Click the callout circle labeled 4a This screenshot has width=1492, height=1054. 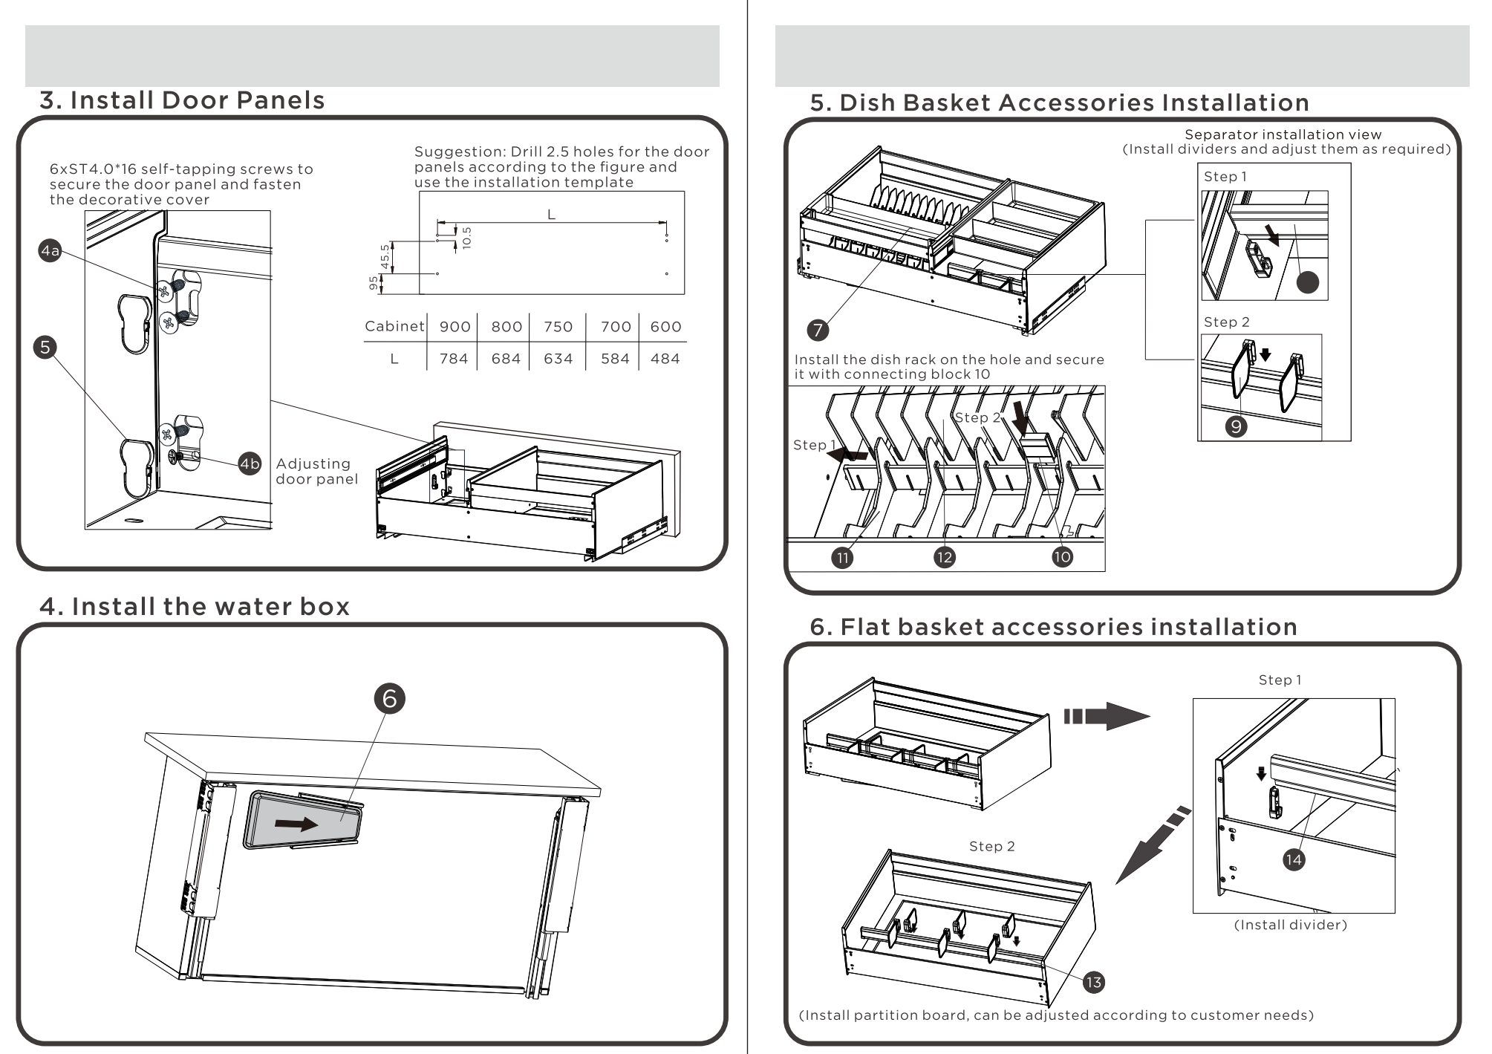click(x=50, y=251)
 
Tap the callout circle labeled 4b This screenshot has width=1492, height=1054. click(x=250, y=463)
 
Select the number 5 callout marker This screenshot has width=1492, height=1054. click(x=45, y=347)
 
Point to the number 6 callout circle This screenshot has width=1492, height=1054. click(x=390, y=698)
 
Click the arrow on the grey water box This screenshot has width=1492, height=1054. click(x=296, y=824)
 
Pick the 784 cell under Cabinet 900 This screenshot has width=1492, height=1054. click(x=454, y=359)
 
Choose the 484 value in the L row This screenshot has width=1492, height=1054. click(x=665, y=359)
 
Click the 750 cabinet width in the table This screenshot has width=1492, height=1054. click(x=558, y=327)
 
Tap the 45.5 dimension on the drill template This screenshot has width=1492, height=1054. click(x=385, y=257)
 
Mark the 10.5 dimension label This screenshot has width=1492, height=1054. click(x=466, y=237)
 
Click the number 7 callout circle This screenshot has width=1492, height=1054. click(x=818, y=330)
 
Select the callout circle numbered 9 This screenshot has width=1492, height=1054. click(x=1236, y=426)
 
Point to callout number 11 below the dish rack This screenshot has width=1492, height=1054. click(x=842, y=558)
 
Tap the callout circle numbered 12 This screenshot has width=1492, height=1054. click(x=944, y=558)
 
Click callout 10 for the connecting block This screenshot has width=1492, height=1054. click(x=1062, y=557)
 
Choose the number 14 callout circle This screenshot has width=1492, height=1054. click(x=1294, y=859)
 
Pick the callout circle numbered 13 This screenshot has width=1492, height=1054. click(x=1093, y=983)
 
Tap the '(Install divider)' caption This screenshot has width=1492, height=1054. click(x=1290, y=925)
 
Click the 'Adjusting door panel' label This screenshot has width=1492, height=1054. click(x=316, y=472)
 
